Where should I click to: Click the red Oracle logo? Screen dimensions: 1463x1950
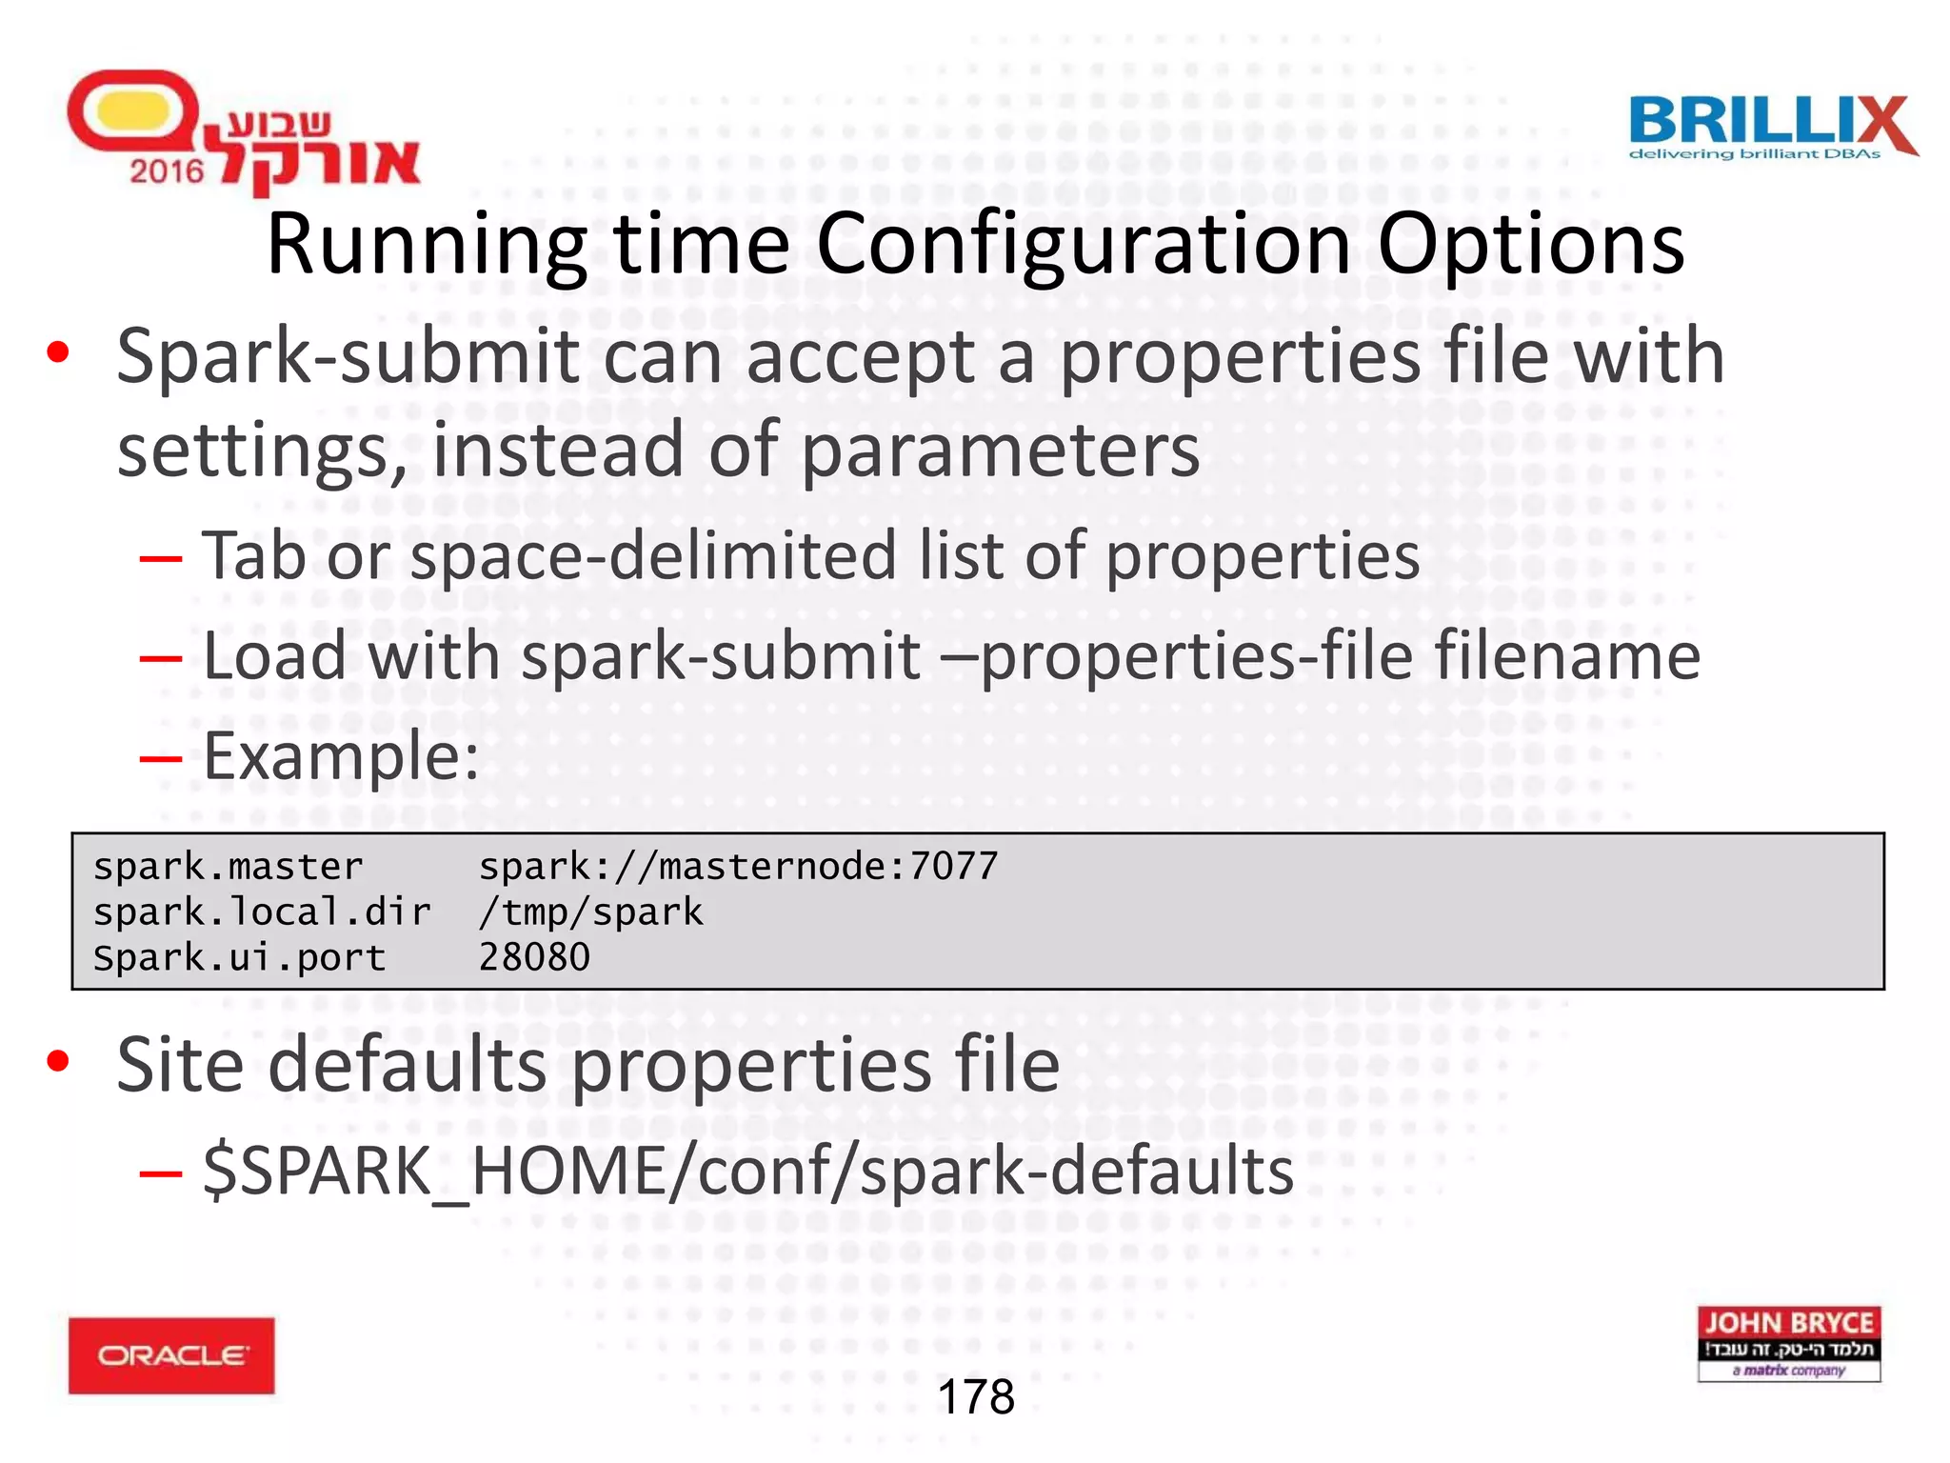pos(171,1355)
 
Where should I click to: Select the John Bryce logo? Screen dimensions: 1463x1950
pos(1788,1343)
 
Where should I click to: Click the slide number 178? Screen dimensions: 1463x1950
pos(976,1397)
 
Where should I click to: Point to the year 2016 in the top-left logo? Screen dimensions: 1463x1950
pos(167,171)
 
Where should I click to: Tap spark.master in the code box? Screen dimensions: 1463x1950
pos(228,867)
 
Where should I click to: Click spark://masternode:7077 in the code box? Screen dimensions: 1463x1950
pos(738,867)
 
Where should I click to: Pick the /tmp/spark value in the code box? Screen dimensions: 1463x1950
pos(590,912)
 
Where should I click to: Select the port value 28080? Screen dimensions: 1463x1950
pos(534,957)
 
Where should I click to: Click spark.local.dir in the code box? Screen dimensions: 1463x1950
pos(262,912)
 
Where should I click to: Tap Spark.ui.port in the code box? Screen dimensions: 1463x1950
pos(239,957)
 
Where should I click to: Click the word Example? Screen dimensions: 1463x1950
pos(341,756)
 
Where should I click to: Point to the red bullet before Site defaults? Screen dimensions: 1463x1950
pos(58,1060)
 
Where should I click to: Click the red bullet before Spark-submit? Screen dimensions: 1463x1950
pos(58,352)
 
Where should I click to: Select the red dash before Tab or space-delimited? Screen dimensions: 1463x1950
pos(160,557)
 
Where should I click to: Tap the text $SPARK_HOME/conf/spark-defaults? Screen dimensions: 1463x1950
pos(748,1171)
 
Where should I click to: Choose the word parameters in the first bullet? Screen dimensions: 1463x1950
pos(1000,450)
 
